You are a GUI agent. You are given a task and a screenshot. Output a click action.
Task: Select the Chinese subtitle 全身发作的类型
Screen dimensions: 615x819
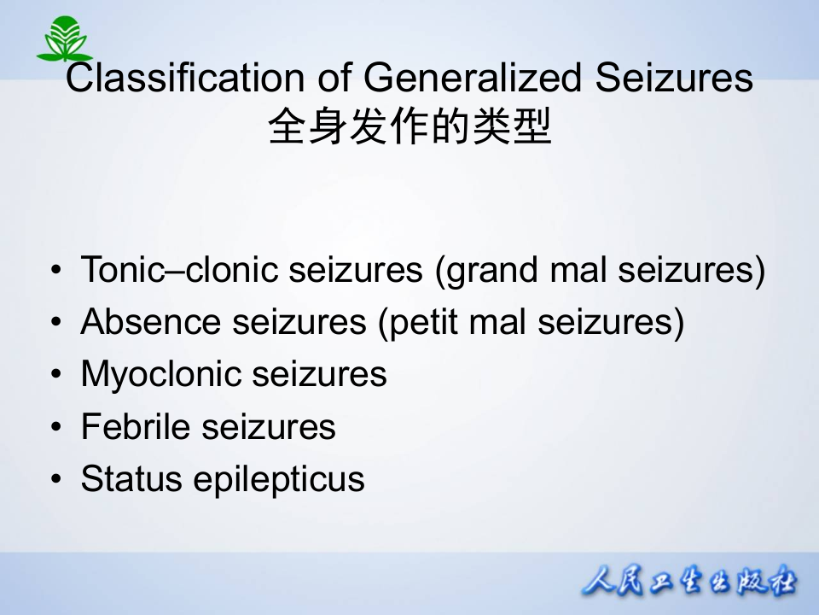[409, 128]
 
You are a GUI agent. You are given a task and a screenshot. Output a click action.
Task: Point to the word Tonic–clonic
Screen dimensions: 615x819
[179, 271]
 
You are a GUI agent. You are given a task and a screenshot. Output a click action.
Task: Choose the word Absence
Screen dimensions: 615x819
[149, 323]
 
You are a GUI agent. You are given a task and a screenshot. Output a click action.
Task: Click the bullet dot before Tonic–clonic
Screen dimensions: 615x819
[56, 272]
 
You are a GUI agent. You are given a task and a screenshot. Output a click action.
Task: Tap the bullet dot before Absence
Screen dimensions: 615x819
[56, 324]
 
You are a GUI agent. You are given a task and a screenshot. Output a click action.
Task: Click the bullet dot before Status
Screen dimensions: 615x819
[56, 480]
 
